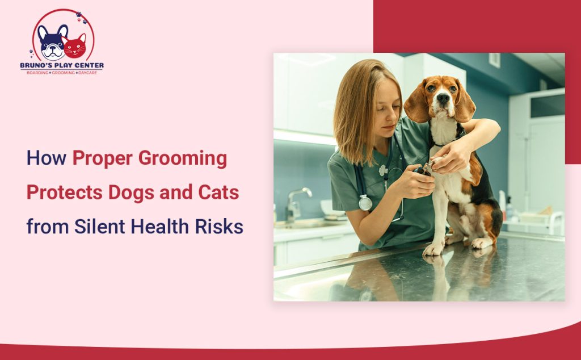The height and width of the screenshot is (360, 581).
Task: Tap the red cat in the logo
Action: (74, 47)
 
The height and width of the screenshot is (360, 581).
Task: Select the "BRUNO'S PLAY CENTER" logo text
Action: (62, 65)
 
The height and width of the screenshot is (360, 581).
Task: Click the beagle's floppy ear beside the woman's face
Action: (416, 104)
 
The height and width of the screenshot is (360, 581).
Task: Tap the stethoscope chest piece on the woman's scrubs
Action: (365, 203)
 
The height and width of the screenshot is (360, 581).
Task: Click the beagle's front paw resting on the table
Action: (434, 249)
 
